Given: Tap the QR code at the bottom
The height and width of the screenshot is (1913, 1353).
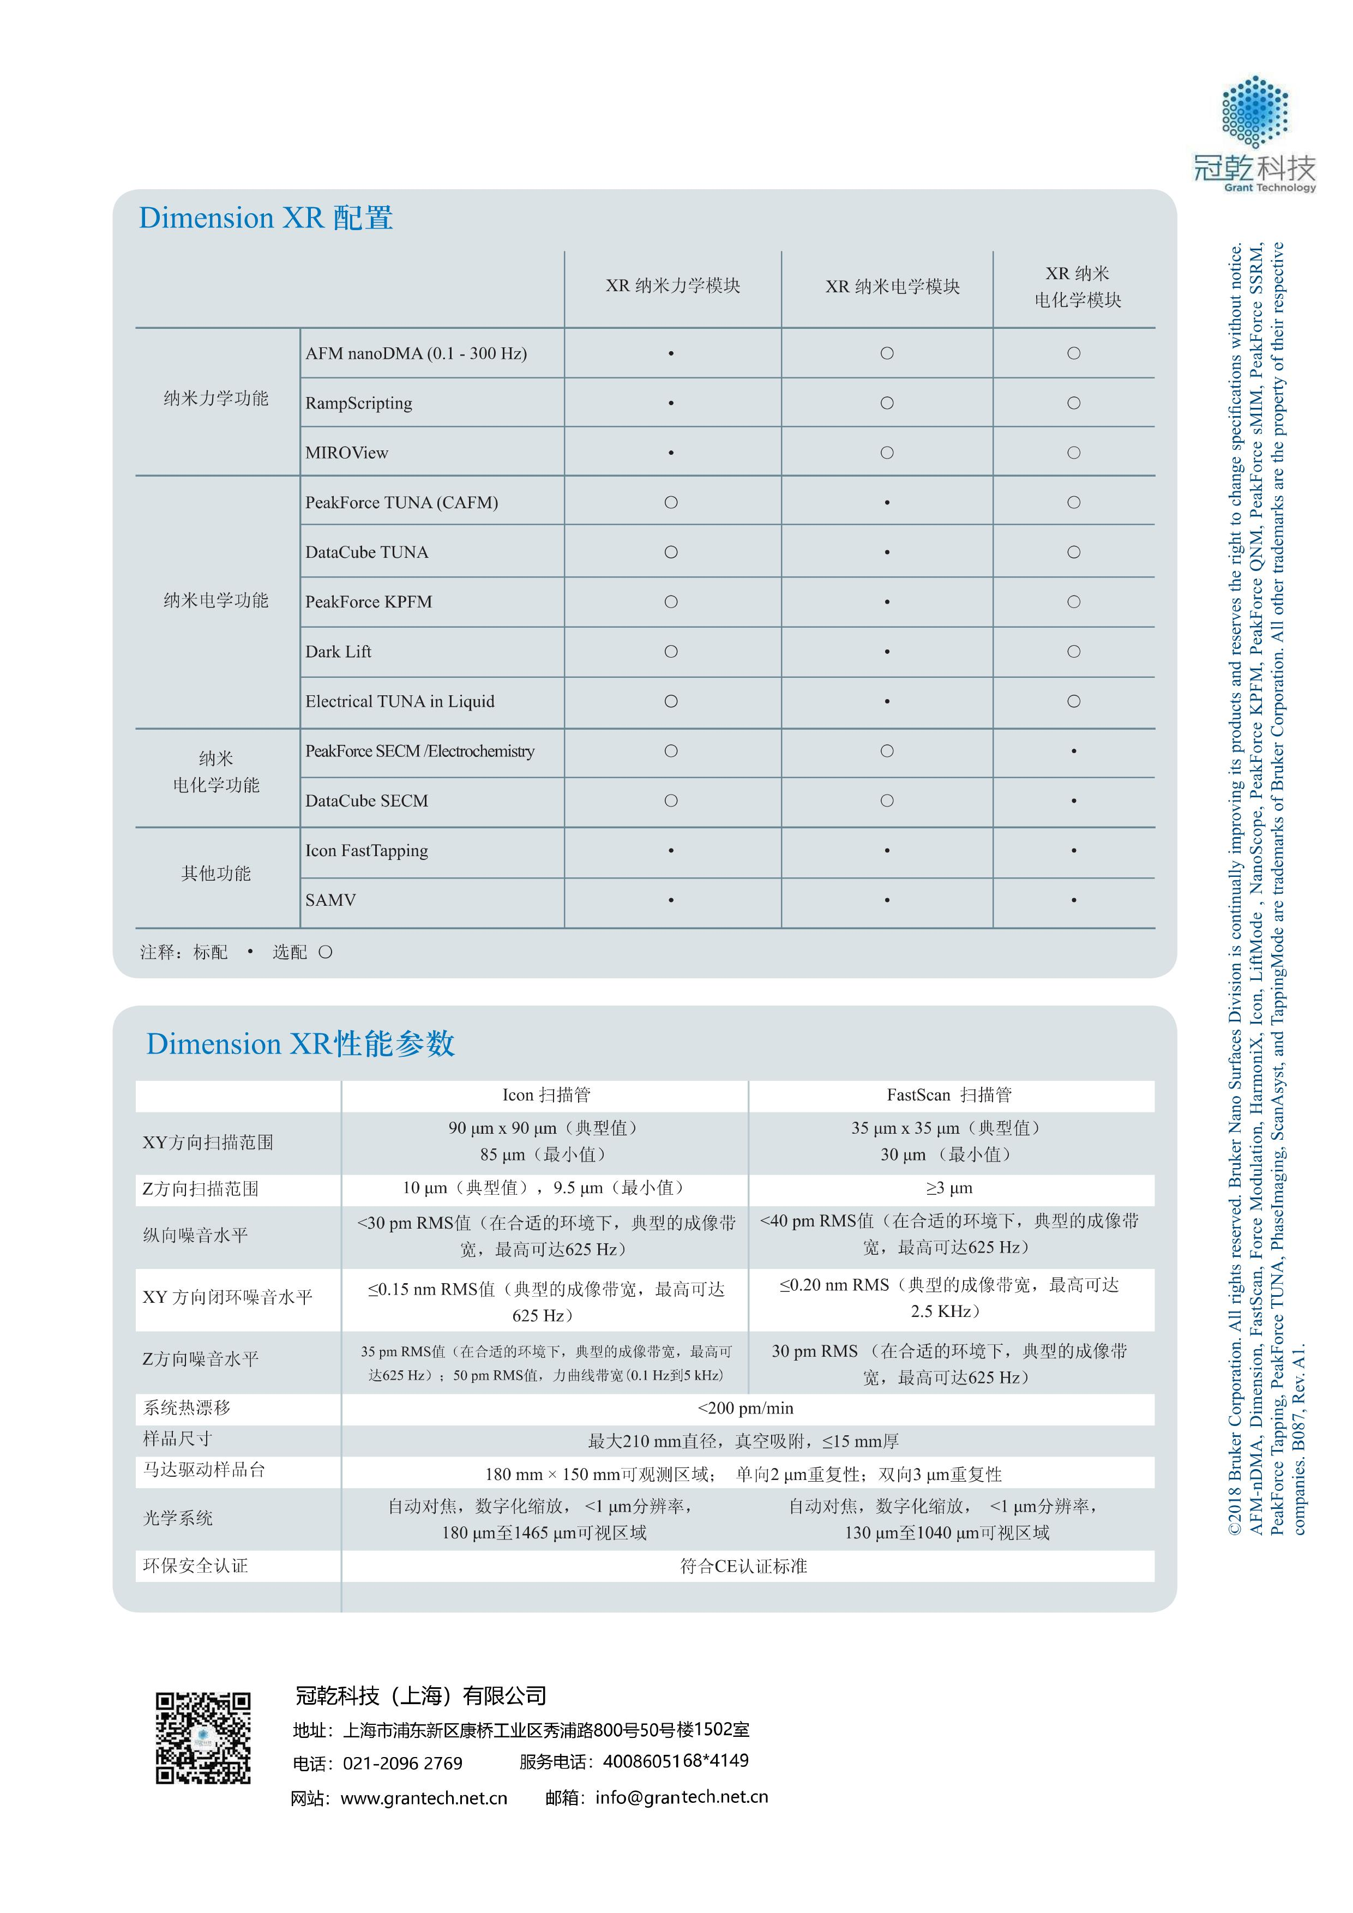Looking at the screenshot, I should click(x=203, y=1737).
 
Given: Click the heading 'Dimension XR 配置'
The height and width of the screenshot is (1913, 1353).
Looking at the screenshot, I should click(x=266, y=218).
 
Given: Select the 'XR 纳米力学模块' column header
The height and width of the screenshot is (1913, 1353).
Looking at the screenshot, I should click(x=672, y=286).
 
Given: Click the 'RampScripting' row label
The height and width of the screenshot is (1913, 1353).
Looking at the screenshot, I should click(x=358, y=403).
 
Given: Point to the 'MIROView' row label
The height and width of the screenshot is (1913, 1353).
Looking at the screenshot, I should click(x=347, y=453).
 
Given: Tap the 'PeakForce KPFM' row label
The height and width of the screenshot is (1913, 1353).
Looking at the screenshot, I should click(x=368, y=601).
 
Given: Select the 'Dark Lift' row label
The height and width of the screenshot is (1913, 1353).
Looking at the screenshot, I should click(x=338, y=652).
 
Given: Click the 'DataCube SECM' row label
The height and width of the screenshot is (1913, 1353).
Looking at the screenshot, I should click(x=366, y=801).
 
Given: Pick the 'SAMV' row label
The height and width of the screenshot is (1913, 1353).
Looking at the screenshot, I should click(x=331, y=900).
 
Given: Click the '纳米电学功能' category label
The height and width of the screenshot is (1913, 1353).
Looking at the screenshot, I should click(x=216, y=600).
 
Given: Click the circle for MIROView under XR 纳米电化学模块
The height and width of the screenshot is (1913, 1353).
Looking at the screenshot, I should click(x=1074, y=453).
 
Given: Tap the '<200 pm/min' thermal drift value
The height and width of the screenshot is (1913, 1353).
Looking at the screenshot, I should click(x=745, y=1408).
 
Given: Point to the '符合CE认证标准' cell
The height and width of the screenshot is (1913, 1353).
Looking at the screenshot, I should click(x=743, y=1566).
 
